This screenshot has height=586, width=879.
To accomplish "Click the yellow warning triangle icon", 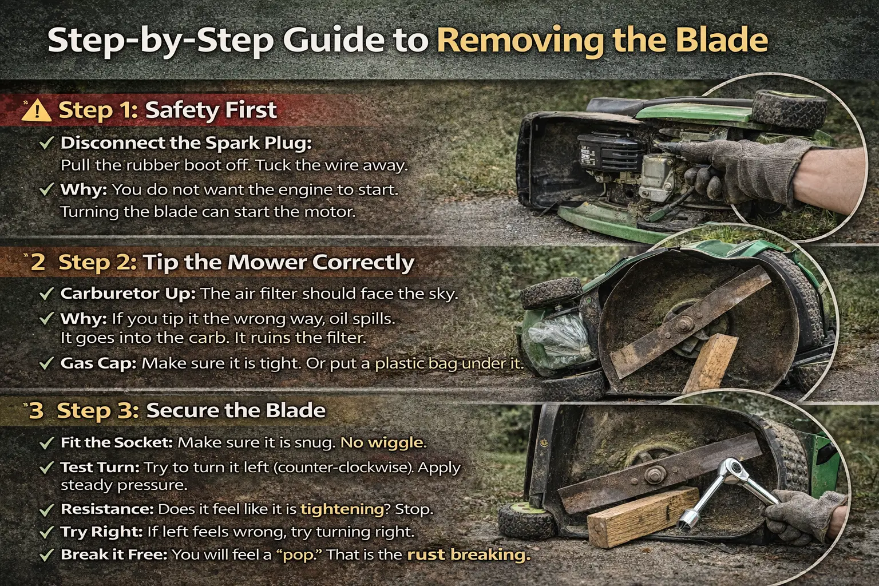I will click(x=35, y=110).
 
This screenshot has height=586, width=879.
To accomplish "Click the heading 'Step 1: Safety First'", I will click(x=168, y=110).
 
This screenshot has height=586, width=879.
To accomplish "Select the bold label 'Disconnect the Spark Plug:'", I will click(x=186, y=143).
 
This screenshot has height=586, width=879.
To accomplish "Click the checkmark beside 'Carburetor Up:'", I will click(x=46, y=294).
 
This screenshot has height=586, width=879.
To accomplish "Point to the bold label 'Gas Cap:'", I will click(x=98, y=363).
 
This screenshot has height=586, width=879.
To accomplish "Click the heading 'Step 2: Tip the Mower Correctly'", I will click(x=236, y=262).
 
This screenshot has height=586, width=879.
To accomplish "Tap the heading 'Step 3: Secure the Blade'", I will click(x=191, y=410).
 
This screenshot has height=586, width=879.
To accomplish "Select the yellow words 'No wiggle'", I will click(x=382, y=442).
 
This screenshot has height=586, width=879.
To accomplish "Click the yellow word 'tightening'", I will click(x=342, y=509).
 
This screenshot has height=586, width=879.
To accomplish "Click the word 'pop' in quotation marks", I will click(x=299, y=555).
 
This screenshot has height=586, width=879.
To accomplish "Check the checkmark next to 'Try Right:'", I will click(x=46, y=532).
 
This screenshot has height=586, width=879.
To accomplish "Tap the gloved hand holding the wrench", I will click(x=801, y=512).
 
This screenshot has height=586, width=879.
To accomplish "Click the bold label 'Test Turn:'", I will click(x=100, y=468).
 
